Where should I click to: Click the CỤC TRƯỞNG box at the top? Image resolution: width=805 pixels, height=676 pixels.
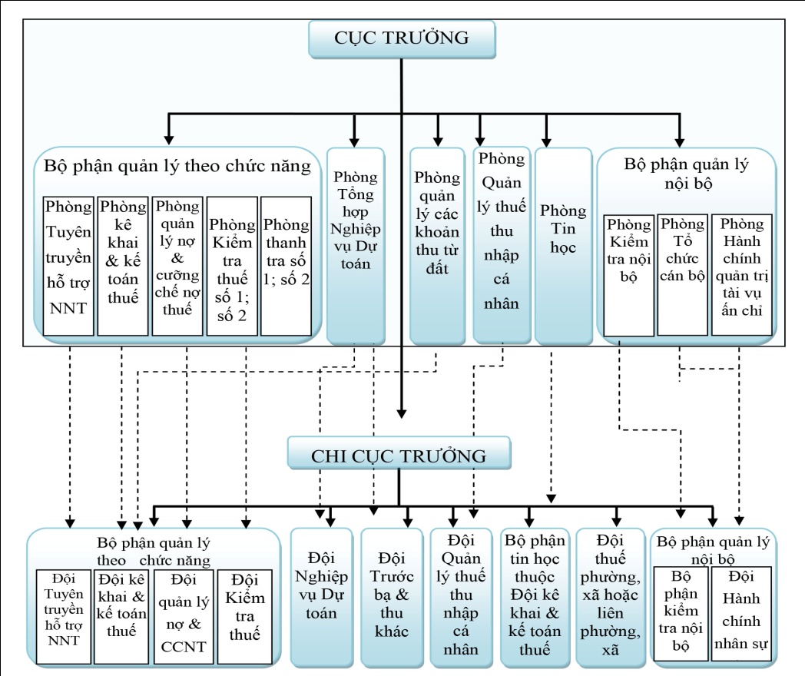[402, 39]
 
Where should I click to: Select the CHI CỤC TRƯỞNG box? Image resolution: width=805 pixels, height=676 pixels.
[399, 452]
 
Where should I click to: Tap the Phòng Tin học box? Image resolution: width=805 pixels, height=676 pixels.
[563, 246]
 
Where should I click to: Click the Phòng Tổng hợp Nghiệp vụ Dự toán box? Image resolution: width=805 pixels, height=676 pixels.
[356, 246]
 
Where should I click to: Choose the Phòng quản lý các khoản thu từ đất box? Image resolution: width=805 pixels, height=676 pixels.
[437, 246]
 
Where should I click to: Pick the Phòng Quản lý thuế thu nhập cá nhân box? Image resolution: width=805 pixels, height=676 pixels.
[502, 245]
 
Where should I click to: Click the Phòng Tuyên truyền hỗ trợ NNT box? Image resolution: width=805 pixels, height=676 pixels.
[68, 266]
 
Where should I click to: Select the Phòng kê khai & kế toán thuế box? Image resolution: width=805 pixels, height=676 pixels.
[123, 266]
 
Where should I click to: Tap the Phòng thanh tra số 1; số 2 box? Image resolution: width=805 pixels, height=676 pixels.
[286, 266]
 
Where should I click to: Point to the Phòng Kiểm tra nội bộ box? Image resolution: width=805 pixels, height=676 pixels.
[628, 276]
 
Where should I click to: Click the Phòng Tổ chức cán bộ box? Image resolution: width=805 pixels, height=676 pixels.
[682, 275]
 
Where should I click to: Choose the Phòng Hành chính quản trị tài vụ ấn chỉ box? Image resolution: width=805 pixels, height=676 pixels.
[742, 275]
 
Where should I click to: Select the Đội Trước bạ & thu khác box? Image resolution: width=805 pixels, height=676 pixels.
[391, 598]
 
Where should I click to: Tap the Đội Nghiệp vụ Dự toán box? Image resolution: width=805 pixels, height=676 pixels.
[321, 598]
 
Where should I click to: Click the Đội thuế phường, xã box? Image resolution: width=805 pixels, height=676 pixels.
[611, 598]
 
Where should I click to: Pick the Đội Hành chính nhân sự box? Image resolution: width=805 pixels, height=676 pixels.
[741, 614]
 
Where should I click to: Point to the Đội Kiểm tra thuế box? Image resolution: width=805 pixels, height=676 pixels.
[244, 616]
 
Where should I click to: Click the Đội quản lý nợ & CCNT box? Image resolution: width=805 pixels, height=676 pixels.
[184, 616]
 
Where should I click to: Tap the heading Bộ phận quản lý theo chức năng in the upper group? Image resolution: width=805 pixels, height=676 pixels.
[177, 166]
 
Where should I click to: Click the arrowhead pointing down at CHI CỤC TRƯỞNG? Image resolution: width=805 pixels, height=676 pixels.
[402, 414]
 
